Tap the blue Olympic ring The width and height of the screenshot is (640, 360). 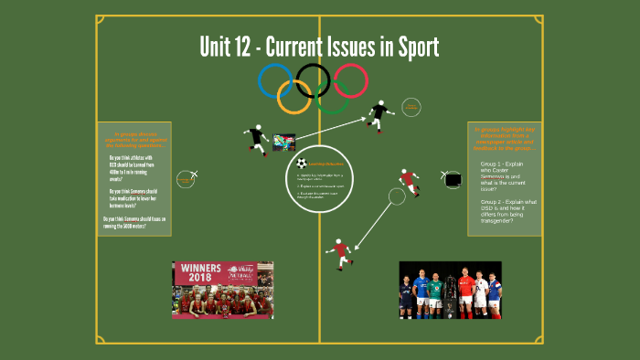coord(273,80)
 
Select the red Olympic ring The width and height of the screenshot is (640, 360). coord(350,80)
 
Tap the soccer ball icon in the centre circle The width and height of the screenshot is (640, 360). coord(302,164)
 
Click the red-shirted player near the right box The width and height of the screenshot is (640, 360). coord(409,182)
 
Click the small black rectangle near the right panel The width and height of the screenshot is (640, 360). coord(453,180)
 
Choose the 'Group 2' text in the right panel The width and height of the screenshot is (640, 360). coord(494,201)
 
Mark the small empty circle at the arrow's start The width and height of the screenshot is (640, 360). coord(397,196)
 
